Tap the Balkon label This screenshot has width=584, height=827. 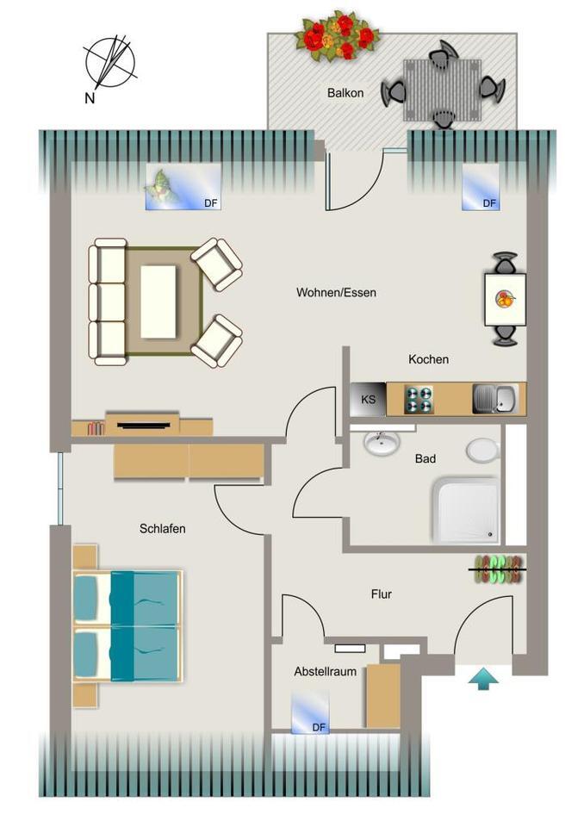pyautogui.click(x=345, y=93)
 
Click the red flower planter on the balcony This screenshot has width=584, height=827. pyautogui.click(x=337, y=37)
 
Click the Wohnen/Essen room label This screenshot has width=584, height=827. pyautogui.click(x=336, y=293)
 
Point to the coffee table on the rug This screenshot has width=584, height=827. pyautogui.click(x=158, y=302)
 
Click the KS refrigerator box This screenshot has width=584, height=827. pyautogui.click(x=368, y=400)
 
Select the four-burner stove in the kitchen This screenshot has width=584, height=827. pyautogui.click(x=419, y=400)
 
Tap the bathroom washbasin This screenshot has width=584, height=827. pyautogui.click(x=381, y=444)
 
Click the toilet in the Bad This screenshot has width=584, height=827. pyautogui.click(x=482, y=451)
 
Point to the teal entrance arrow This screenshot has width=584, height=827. pyautogui.click(x=483, y=680)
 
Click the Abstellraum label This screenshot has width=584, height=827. pyautogui.click(x=325, y=671)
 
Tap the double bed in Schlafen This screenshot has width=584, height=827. pyautogui.click(x=127, y=625)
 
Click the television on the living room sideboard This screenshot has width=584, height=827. pyautogui.click(x=142, y=424)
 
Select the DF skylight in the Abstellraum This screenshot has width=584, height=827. pyautogui.click(x=309, y=712)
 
